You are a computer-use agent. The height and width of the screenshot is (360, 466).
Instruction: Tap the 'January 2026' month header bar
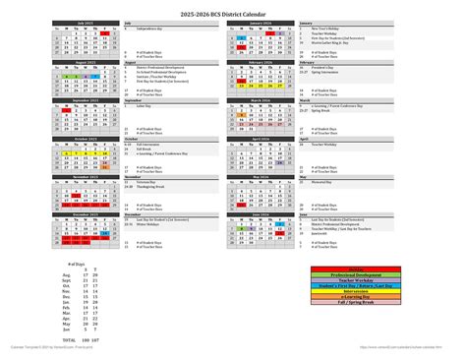pyautogui.click(x=262, y=22)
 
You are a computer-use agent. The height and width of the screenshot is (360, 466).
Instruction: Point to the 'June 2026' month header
pyautogui.click(x=262, y=213)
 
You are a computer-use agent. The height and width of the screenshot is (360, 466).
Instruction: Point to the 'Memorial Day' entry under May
pyautogui.click(x=321, y=182)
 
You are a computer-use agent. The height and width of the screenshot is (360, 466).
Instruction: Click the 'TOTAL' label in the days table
pyautogui.click(x=69, y=336)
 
